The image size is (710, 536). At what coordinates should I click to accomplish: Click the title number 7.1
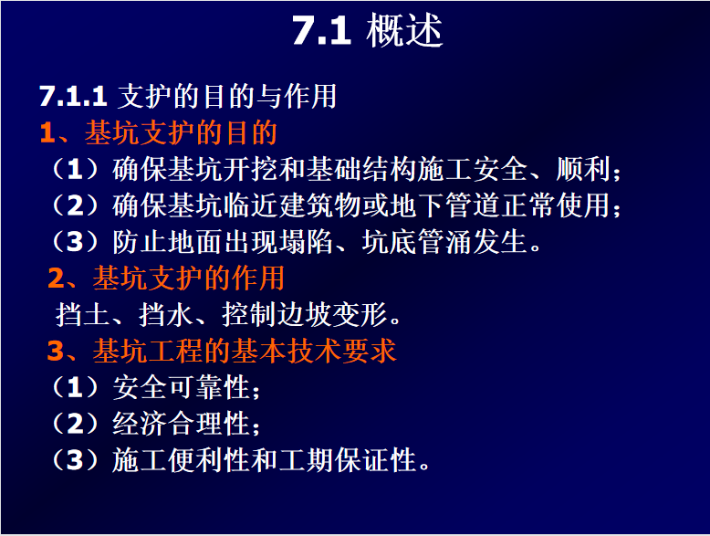[321, 31]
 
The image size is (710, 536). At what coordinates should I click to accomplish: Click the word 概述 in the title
[404, 30]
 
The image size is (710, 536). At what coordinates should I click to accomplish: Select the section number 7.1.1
[73, 96]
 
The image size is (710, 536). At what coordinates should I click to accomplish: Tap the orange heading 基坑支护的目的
[181, 132]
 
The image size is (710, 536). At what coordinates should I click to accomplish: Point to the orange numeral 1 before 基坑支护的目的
[48, 133]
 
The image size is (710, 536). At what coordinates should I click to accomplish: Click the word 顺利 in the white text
[583, 169]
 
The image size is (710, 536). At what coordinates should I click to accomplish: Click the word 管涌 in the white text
[445, 241]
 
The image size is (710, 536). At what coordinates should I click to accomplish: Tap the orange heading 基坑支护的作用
[189, 278]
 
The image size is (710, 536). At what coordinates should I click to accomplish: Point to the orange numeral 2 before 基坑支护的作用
[57, 279]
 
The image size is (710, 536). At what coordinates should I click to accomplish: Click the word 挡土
[82, 314]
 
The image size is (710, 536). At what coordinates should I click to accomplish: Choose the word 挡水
[166, 314]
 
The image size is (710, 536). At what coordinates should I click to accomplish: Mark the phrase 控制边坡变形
[305, 314]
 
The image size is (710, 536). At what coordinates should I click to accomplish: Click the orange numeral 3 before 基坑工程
[56, 351]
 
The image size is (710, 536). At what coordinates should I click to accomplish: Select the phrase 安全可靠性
[181, 387]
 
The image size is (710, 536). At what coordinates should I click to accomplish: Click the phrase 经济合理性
[181, 424]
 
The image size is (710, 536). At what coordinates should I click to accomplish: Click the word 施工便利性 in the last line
[181, 460]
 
